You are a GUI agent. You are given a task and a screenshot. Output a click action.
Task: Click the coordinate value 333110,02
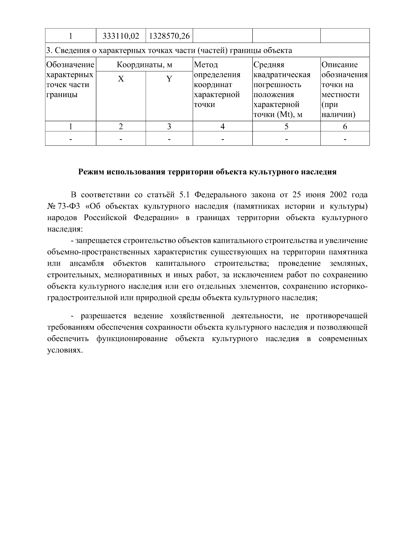121,36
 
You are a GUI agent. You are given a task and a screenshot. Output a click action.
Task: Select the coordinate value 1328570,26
169,36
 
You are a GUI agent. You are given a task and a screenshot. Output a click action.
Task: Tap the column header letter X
121,79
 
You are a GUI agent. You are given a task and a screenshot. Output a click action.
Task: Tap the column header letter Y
169,79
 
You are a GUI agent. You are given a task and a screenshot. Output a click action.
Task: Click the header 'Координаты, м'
145,65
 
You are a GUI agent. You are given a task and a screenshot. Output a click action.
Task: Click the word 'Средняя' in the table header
269,65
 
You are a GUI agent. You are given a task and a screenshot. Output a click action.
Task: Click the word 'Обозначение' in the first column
71,65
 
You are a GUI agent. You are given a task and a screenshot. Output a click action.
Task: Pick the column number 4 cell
222,127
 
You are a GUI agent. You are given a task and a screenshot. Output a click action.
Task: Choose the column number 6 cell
345,127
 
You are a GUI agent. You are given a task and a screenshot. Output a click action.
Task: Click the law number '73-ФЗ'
69,207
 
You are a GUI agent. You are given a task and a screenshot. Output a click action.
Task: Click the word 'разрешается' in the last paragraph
104,316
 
